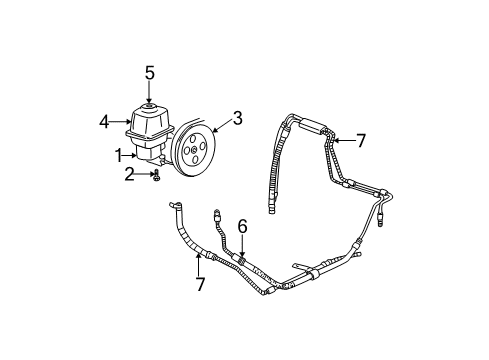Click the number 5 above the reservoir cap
pos(149,73)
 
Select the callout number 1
pos(119,156)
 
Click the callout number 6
pos(241,227)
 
